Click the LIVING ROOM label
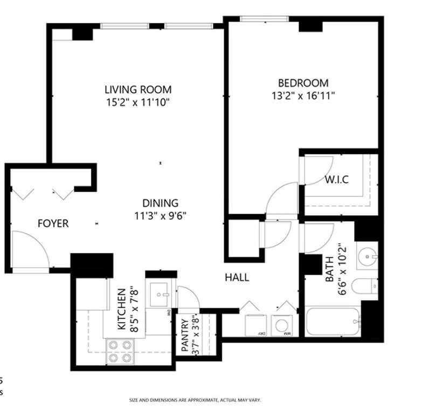138,90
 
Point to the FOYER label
53,223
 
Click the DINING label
160,203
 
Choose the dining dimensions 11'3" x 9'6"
160,216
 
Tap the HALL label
237,277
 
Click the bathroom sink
368,256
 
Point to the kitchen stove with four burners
120,351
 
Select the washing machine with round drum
282,325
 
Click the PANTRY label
185,336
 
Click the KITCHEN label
122,310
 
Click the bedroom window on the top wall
264,19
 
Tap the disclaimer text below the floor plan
195,400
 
